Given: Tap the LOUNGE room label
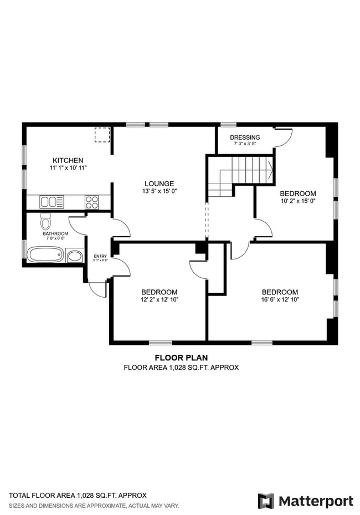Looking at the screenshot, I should pyautogui.click(x=160, y=183).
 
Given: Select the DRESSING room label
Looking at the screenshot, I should pyautogui.click(x=245, y=137).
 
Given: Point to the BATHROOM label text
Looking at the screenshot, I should pyautogui.click(x=55, y=234).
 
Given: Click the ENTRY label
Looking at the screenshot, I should pyautogui.click(x=100, y=256).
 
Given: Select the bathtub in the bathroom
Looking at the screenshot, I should pyautogui.click(x=45, y=256).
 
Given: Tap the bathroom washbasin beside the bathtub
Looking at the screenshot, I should pyautogui.click(x=74, y=256).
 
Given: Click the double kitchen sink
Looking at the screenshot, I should pyautogui.click(x=48, y=202).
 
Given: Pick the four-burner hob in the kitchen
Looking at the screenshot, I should pyautogui.click(x=91, y=202).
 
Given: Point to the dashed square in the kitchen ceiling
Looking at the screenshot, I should pyautogui.click(x=102, y=135).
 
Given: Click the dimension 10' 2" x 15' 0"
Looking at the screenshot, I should pyautogui.click(x=297, y=201).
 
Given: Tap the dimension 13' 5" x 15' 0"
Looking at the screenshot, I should pyautogui.click(x=160, y=191).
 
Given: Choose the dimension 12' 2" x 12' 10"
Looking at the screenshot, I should pyautogui.click(x=159, y=299).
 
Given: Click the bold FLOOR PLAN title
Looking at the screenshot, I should pyautogui.click(x=181, y=358).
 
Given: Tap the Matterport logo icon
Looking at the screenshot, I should pyautogui.click(x=266, y=501).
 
